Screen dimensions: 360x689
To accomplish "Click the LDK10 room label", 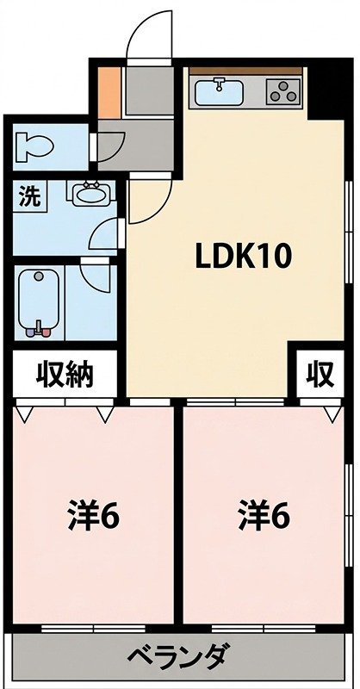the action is point(243,257).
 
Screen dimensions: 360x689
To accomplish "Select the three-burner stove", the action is point(283,91).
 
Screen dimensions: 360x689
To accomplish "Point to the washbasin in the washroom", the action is point(91,194).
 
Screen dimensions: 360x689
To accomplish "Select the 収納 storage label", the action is point(65,375).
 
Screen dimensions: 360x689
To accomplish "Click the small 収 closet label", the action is point(320,375).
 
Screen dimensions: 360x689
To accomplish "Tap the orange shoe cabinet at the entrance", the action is point(109,92).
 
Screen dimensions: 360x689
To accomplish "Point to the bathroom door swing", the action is point(97,277).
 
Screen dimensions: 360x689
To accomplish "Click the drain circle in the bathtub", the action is point(39,276).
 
